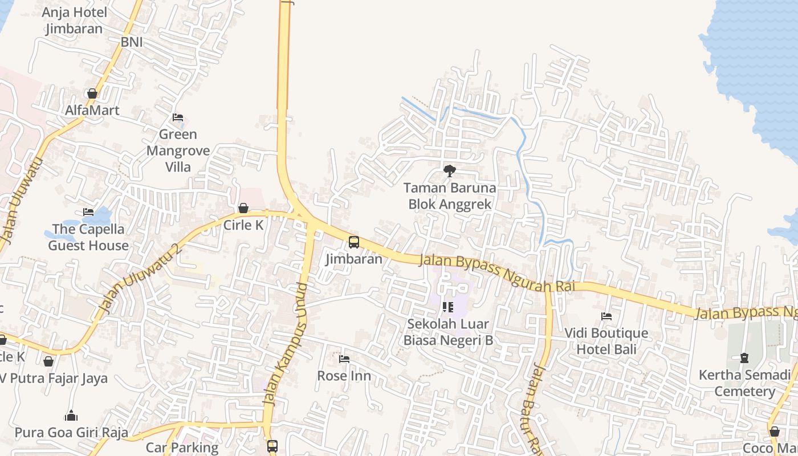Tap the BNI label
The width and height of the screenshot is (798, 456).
point(132,42)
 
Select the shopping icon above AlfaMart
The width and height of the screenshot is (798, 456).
point(92,93)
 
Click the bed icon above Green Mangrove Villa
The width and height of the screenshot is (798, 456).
point(178,117)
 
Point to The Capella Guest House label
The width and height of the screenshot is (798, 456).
point(88,237)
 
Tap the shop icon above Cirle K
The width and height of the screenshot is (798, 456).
point(243,208)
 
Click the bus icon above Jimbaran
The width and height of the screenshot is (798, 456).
point(354,242)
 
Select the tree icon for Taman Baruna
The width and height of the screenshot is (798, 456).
point(450,170)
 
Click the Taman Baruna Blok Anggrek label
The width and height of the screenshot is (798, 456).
point(450,196)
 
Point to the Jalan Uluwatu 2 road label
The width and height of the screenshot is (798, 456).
point(141,278)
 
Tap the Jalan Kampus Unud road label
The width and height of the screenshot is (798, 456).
point(286,344)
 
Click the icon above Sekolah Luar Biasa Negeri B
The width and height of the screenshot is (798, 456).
point(448,308)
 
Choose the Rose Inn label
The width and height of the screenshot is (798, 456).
point(344,376)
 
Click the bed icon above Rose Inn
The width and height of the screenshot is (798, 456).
point(344,359)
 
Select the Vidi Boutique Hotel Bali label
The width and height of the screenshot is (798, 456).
point(606,341)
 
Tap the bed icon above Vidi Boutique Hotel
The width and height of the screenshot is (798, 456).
point(606,316)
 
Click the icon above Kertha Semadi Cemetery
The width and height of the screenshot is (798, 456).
point(744,358)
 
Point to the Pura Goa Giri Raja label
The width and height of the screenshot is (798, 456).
point(71,433)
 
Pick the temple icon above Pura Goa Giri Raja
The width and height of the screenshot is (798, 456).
point(71,416)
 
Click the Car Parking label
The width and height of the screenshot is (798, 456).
point(182,447)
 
